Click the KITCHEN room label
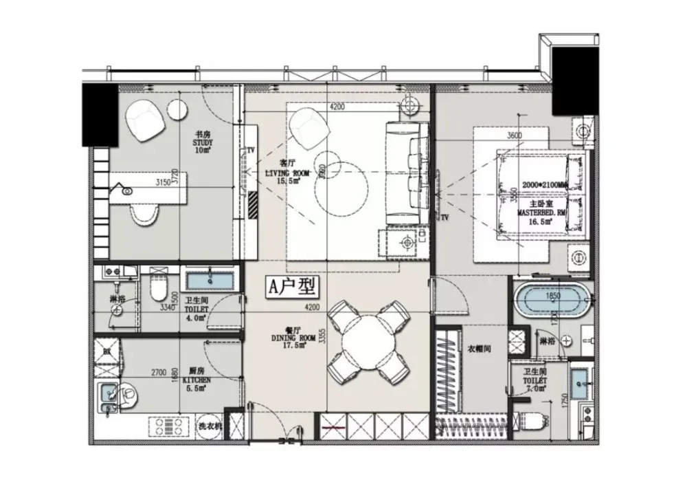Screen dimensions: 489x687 [197, 379]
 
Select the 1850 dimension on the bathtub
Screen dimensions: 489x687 [554, 296]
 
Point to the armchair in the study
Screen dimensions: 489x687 [146, 120]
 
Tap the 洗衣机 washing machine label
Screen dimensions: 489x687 [210, 426]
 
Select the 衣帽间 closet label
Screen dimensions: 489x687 [478, 349]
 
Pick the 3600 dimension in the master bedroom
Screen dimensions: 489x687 [514, 135]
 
